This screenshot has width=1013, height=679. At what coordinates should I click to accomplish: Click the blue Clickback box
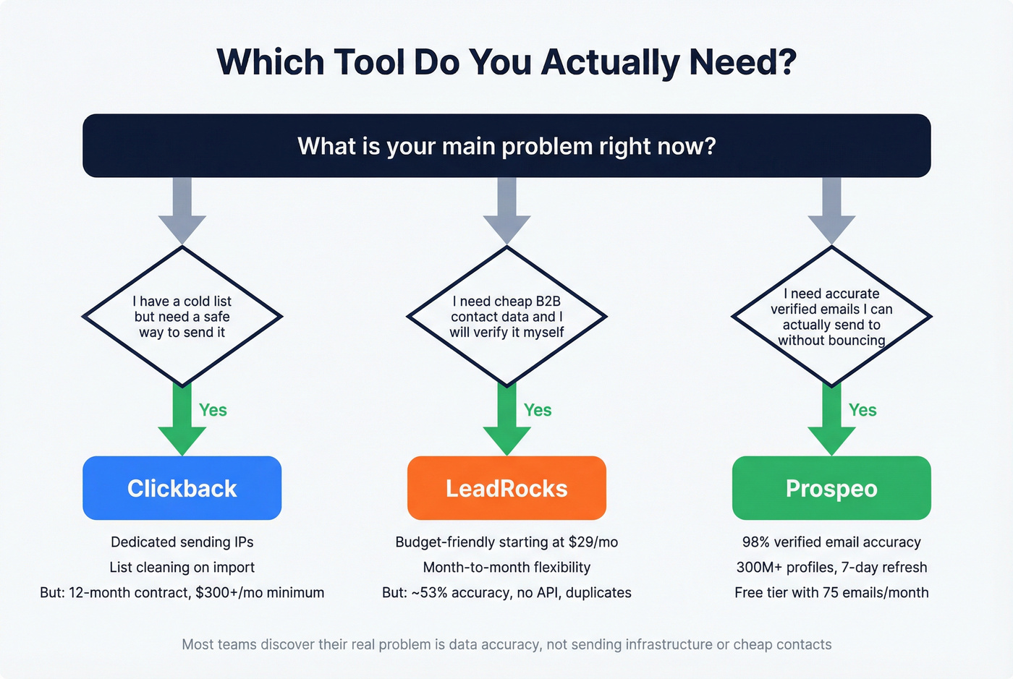point(182,488)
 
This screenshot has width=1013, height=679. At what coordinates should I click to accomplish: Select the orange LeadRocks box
point(506,488)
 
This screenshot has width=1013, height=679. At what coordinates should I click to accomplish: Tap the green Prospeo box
point(831,488)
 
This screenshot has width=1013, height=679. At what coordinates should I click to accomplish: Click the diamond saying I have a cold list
point(182,317)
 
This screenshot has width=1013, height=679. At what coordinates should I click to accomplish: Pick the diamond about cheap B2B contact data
point(506,317)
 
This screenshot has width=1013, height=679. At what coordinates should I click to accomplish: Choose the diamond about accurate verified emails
point(831,317)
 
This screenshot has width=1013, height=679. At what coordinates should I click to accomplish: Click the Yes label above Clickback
point(213,410)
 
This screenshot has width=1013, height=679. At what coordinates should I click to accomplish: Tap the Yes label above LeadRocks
point(538,410)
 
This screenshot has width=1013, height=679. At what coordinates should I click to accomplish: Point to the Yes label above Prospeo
point(862,410)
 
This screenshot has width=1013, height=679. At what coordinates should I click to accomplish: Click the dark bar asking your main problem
point(506,146)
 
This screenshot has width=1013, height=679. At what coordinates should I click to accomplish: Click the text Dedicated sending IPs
point(182,542)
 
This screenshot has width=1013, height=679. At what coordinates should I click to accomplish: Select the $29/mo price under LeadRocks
point(597,542)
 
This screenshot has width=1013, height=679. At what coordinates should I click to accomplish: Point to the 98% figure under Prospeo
point(756,542)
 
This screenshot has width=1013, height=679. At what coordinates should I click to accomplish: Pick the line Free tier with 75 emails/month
point(831,593)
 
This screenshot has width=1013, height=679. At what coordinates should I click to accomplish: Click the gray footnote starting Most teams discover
point(506,644)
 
